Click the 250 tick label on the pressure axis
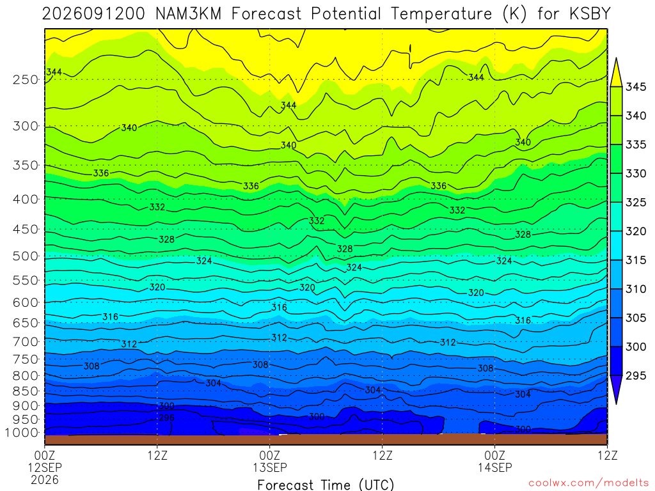click(25, 79)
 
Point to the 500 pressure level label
click(25, 256)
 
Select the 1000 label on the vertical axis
click(22, 433)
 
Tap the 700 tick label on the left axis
click(25, 341)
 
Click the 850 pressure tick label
click(25, 391)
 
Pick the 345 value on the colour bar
click(636, 87)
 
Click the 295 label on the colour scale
click(636, 375)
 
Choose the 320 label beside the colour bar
click(636, 231)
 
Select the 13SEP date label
click(270, 467)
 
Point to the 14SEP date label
click(495, 467)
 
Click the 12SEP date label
click(45, 467)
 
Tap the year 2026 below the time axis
click(45, 479)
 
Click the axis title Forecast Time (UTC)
click(326, 485)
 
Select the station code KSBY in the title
click(590, 14)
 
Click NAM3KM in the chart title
click(187, 14)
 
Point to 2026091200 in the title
click(93, 14)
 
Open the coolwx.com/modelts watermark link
click(588, 483)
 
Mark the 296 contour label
click(167, 418)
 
